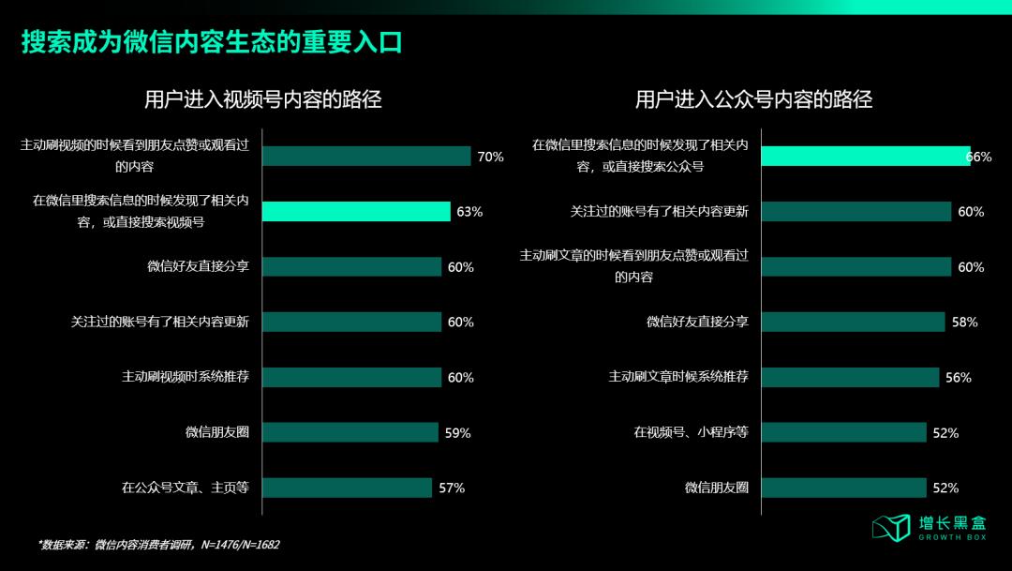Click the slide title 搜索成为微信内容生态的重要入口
(x=212, y=43)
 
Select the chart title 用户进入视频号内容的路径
(x=263, y=99)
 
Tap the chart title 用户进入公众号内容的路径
(x=753, y=99)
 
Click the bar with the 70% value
(x=366, y=157)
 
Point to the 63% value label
(x=469, y=212)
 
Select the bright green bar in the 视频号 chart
(x=356, y=212)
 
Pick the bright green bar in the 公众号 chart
(x=865, y=157)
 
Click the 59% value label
(x=457, y=433)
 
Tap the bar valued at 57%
(x=347, y=488)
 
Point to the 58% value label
(x=964, y=323)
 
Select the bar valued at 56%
(x=850, y=377)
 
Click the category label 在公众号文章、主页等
(x=185, y=488)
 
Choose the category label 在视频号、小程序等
(x=691, y=432)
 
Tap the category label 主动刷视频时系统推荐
(x=191, y=377)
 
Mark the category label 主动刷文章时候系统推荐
(x=678, y=377)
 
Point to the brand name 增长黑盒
(x=952, y=522)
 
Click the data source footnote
(x=158, y=545)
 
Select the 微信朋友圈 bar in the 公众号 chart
(x=844, y=488)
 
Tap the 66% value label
(x=978, y=158)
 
